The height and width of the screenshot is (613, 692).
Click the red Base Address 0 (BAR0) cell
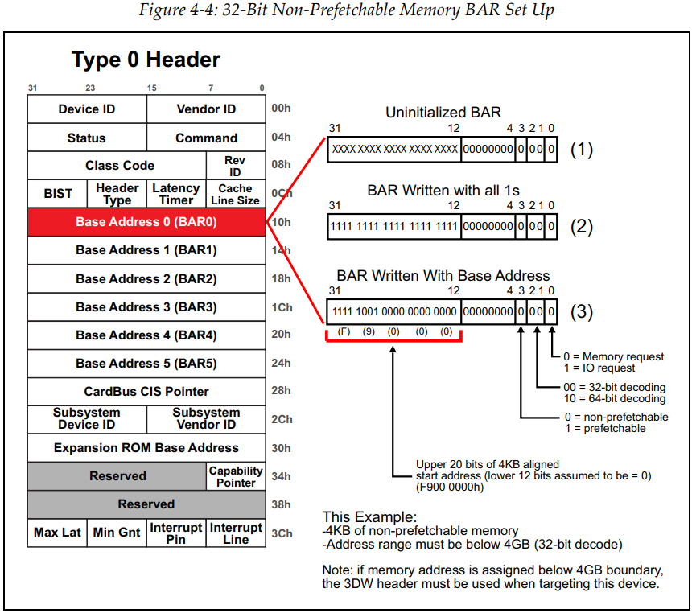click(x=146, y=222)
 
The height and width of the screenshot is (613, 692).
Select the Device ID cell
click(x=87, y=109)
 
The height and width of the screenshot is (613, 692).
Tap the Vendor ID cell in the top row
click(x=206, y=109)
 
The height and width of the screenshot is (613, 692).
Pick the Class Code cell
click(x=120, y=166)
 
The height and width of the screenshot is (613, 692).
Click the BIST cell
click(x=58, y=194)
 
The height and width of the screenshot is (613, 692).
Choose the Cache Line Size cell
click(x=236, y=194)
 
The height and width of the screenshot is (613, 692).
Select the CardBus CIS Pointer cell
click(x=146, y=391)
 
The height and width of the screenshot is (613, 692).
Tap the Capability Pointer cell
click(x=236, y=475)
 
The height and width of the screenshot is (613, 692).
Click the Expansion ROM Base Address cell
click(x=146, y=447)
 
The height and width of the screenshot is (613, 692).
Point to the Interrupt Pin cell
click(x=176, y=533)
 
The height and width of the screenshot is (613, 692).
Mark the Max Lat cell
click(x=57, y=533)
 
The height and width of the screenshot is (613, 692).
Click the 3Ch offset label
click(x=281, y=533)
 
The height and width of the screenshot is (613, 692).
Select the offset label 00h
click(x=281, y=109)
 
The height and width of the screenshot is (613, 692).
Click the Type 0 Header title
click(x=146, y=60)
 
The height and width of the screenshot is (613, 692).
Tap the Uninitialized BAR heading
click(x=443, y=113)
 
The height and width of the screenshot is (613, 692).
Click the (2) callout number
click(x=581, y=227)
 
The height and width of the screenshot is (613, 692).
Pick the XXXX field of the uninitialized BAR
click(x=394, y=150)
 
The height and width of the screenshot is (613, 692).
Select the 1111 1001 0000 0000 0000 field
click(x=394, y=311)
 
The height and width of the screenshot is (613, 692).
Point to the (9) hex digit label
click(x=369, y=331)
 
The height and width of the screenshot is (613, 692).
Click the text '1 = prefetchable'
click(x=605, y=429)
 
